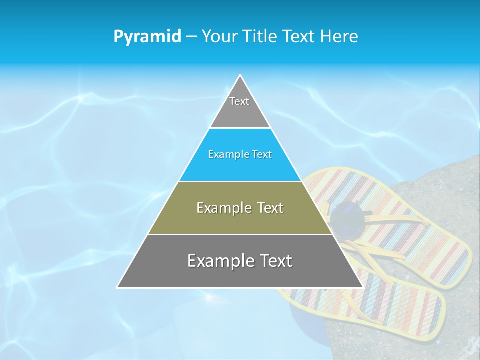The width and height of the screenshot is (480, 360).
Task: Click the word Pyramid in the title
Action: [147, 36]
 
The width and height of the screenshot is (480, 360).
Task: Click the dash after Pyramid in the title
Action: [191, 37]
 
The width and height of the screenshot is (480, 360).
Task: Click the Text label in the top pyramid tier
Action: [239, 101]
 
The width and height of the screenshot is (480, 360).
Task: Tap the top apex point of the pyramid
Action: [240, 75]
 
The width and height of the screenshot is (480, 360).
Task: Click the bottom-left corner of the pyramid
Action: [118, 287]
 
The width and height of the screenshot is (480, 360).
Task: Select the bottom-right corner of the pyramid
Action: [362, 287]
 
